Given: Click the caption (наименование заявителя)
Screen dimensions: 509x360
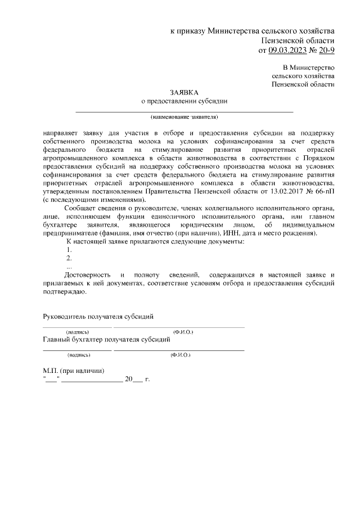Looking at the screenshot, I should [x=184, y=117].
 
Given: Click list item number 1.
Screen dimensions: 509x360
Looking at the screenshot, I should [x=69, y=250].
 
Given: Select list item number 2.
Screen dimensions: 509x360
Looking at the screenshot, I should [x=69, y=258].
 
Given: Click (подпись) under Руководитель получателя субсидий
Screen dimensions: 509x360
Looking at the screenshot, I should [x=76, y=332].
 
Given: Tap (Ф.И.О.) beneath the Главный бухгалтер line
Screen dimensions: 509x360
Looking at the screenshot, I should [x=180, y=355].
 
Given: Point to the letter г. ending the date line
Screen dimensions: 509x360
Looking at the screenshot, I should [x=147, y=380].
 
